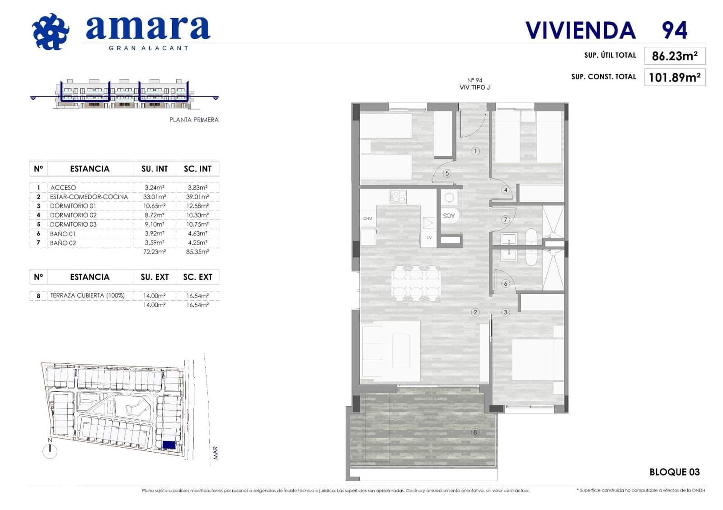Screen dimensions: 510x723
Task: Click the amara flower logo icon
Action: pos(51,32)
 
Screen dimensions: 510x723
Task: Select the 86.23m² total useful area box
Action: pos(674,56)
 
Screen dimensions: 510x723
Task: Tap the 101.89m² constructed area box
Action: pos(674,77)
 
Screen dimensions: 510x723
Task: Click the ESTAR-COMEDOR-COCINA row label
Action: pos(89,197)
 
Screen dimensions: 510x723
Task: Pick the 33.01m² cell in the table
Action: pos(155,197)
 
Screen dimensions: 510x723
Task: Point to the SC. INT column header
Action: pos(197,169)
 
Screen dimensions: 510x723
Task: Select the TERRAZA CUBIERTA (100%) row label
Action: pos(87,296)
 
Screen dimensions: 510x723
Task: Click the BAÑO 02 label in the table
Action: pos(63,243)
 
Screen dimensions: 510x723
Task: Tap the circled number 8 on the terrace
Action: pos(475,432)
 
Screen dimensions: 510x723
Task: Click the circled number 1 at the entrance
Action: pos(475,151)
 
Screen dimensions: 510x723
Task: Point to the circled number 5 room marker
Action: pos(447,173)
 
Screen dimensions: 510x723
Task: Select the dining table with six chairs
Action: pos(416,283)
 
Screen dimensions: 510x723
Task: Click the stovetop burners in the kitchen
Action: pos(398,197)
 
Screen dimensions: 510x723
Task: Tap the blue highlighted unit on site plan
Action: pos(169,445)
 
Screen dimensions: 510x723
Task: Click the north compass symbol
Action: pos(50,451)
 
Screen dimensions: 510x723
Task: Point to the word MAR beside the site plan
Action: pos(216,453)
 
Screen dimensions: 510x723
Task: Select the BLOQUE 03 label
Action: pos(674,472)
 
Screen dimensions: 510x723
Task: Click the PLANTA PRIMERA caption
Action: pos(194,120)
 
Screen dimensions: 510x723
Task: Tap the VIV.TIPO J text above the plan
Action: pos(474,88)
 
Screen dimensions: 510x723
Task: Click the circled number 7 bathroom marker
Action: pos(505,220)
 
